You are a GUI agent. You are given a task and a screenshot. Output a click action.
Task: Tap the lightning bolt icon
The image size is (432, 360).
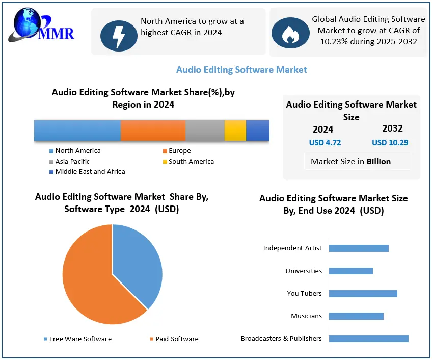click(119, 35)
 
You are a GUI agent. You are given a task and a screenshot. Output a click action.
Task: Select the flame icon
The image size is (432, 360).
click(290, 33)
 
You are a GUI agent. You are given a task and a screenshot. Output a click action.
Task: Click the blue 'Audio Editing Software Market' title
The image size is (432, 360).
click(241, 70)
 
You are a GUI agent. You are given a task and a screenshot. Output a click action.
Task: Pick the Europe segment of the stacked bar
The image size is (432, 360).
click(153, 131)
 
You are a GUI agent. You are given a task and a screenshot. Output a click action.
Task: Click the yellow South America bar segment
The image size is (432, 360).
click(235, 131)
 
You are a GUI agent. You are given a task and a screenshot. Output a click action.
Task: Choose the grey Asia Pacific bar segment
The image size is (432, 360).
click(205, 131)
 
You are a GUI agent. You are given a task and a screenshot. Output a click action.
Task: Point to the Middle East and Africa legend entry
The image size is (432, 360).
click(90, 172)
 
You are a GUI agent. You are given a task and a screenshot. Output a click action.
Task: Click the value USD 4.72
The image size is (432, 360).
click(325, 143)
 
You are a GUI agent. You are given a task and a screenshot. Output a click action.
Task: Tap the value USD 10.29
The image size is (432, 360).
click(390, 143)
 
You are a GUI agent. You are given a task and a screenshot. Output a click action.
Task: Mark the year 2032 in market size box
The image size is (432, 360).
click(392, 128)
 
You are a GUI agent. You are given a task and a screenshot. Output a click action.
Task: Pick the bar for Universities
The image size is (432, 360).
click(350, 271)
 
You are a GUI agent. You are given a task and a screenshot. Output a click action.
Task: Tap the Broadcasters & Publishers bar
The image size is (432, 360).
click(368, 338)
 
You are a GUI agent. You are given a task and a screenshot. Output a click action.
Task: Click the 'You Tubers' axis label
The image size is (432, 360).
click(304, 294)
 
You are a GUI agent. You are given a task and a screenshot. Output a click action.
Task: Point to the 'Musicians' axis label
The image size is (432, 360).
click(306, 316)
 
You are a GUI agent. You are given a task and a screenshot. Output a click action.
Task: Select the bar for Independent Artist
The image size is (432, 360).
click(359, 248)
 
